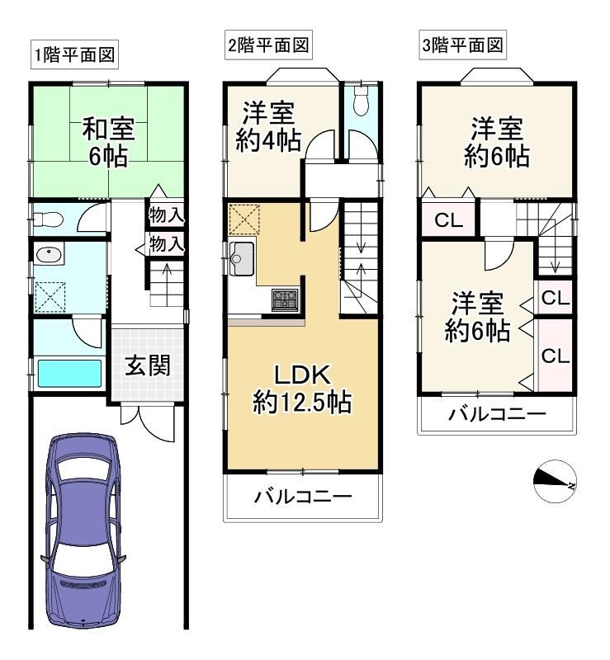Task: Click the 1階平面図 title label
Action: click(74, 55)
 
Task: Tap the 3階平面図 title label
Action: click(462, 45)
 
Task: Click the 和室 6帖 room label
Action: click(108, 142)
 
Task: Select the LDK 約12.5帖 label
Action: click(302, 388)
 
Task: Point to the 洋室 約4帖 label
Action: click(268, 126)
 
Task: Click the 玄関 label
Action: click(148, 365)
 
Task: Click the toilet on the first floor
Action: click(48, 219)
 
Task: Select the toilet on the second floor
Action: click(361, 101)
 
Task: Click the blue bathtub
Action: click(70, 374)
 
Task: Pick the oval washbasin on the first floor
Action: click(49, 254)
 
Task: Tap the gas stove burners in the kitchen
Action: click(286, 299)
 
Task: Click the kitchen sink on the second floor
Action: click(241, 258)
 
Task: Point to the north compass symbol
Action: click(555, 482)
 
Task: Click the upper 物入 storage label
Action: click(167, 216)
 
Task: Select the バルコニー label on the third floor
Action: click(497, 414)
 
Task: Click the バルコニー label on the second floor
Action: click(302, 497)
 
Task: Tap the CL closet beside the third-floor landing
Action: click(449, 219)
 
